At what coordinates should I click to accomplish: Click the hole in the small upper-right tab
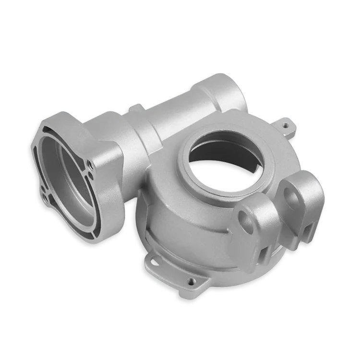pyautogui.click(x=287, y=126)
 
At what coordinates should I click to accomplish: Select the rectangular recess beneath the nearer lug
pyautogui.click(x=264, y=250)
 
